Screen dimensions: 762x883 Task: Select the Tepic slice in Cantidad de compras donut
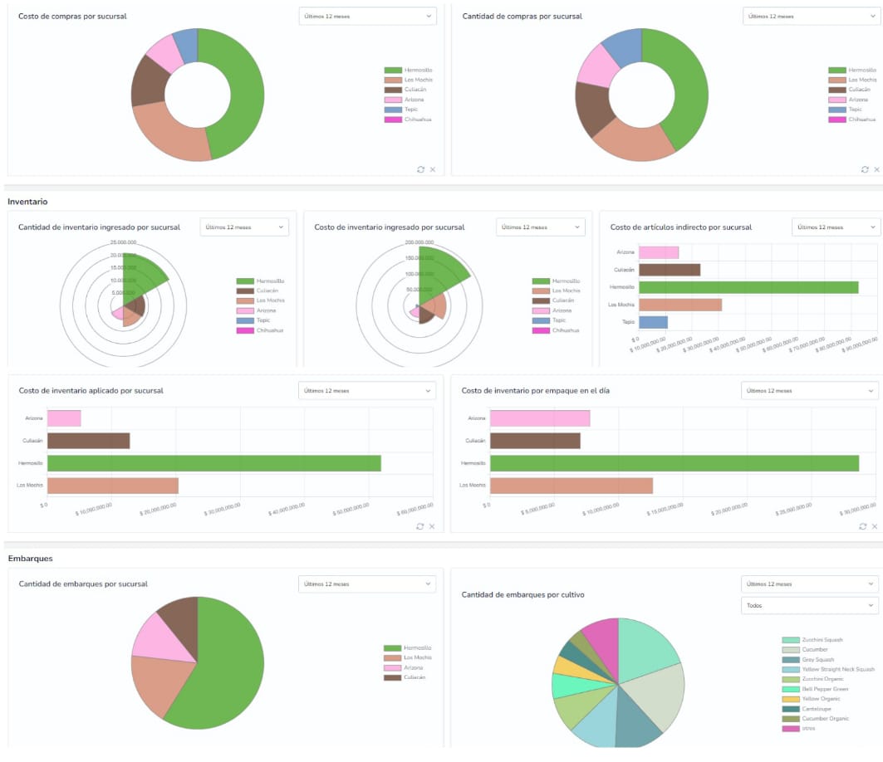point(621,48)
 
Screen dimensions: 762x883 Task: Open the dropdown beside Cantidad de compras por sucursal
point(812,16)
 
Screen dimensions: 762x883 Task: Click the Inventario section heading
point(27,201)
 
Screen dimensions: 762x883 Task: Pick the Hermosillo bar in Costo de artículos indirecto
point(748,287)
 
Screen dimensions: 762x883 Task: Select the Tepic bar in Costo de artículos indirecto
point(653,322)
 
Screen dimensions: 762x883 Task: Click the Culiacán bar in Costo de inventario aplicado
point(88,441)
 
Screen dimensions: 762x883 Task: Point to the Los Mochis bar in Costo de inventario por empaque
point(571,485)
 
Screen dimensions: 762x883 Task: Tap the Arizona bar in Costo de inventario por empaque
point(540,418)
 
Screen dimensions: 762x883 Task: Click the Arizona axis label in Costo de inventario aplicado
point(35,418)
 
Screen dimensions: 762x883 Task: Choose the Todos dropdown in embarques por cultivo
point(809,606)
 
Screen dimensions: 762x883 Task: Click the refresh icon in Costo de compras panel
point(420,169)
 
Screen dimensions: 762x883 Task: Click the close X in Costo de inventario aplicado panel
point(432,526)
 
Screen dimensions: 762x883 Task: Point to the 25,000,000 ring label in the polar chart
point(123,242)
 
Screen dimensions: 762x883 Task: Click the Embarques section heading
point(30,559)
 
